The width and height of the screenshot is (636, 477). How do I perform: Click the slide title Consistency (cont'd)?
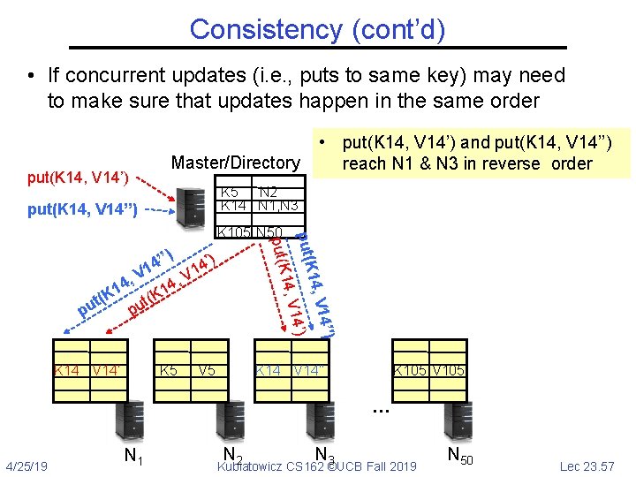(317, 29)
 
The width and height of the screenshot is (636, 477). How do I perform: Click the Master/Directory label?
(236, 163)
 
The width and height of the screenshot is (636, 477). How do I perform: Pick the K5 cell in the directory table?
(229, 192)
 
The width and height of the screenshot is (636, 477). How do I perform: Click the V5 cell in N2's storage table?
(208, 370)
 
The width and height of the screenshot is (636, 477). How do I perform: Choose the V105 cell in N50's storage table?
(449, 370)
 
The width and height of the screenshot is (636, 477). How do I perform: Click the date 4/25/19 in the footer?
(26, 465)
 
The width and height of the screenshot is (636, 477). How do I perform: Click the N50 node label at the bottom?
(459, 456)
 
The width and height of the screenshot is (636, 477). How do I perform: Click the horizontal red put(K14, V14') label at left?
(78, 178)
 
